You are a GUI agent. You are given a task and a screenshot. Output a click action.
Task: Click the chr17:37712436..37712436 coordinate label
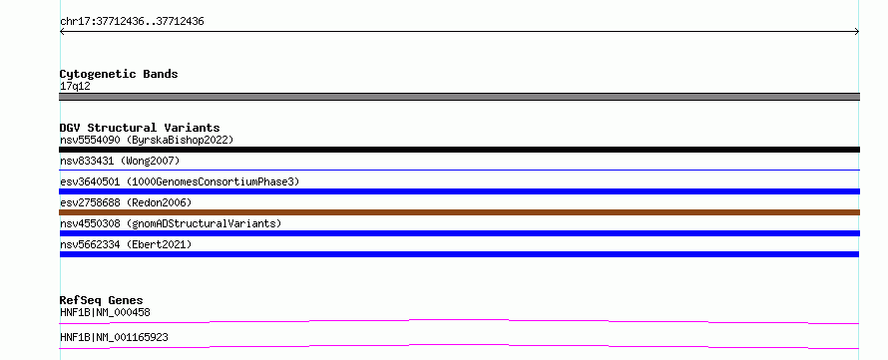(132, 22)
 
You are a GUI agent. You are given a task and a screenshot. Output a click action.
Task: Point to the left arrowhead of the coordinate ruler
(62, 32)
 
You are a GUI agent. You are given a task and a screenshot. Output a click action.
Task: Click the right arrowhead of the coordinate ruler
(857, 32)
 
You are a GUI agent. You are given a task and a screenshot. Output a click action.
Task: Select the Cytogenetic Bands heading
(119, 74)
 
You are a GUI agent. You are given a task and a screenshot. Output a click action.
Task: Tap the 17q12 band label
(75, 87)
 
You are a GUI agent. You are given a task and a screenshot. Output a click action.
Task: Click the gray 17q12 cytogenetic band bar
(459, 97)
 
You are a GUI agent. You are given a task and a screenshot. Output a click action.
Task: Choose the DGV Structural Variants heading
(140, 128)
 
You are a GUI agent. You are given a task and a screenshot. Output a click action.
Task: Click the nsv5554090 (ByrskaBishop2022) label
(147, 140)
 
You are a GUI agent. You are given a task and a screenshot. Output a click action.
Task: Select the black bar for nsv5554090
(459, 150)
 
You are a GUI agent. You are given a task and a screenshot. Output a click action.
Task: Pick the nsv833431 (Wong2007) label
(120, 161)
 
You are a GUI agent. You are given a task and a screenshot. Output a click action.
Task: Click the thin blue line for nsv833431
(459, 170)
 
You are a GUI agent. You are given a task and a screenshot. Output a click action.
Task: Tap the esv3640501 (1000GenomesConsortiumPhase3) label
(180, 181)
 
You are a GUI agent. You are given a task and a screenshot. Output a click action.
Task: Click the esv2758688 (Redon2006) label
(126, 202)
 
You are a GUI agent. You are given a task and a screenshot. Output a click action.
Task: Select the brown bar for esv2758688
(459, 212)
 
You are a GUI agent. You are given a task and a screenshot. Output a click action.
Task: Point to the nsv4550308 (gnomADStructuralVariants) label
(171, 223)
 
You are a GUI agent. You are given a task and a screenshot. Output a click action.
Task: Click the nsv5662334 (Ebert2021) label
(126, 244)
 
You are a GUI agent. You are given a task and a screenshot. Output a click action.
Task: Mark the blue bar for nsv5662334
(459, 254)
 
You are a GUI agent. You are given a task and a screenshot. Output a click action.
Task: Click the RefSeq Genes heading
(102, 300)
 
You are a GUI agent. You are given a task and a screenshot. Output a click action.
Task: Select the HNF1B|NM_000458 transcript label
(105, 312)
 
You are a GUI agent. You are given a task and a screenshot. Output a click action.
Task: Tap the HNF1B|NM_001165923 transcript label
(114, 338)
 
